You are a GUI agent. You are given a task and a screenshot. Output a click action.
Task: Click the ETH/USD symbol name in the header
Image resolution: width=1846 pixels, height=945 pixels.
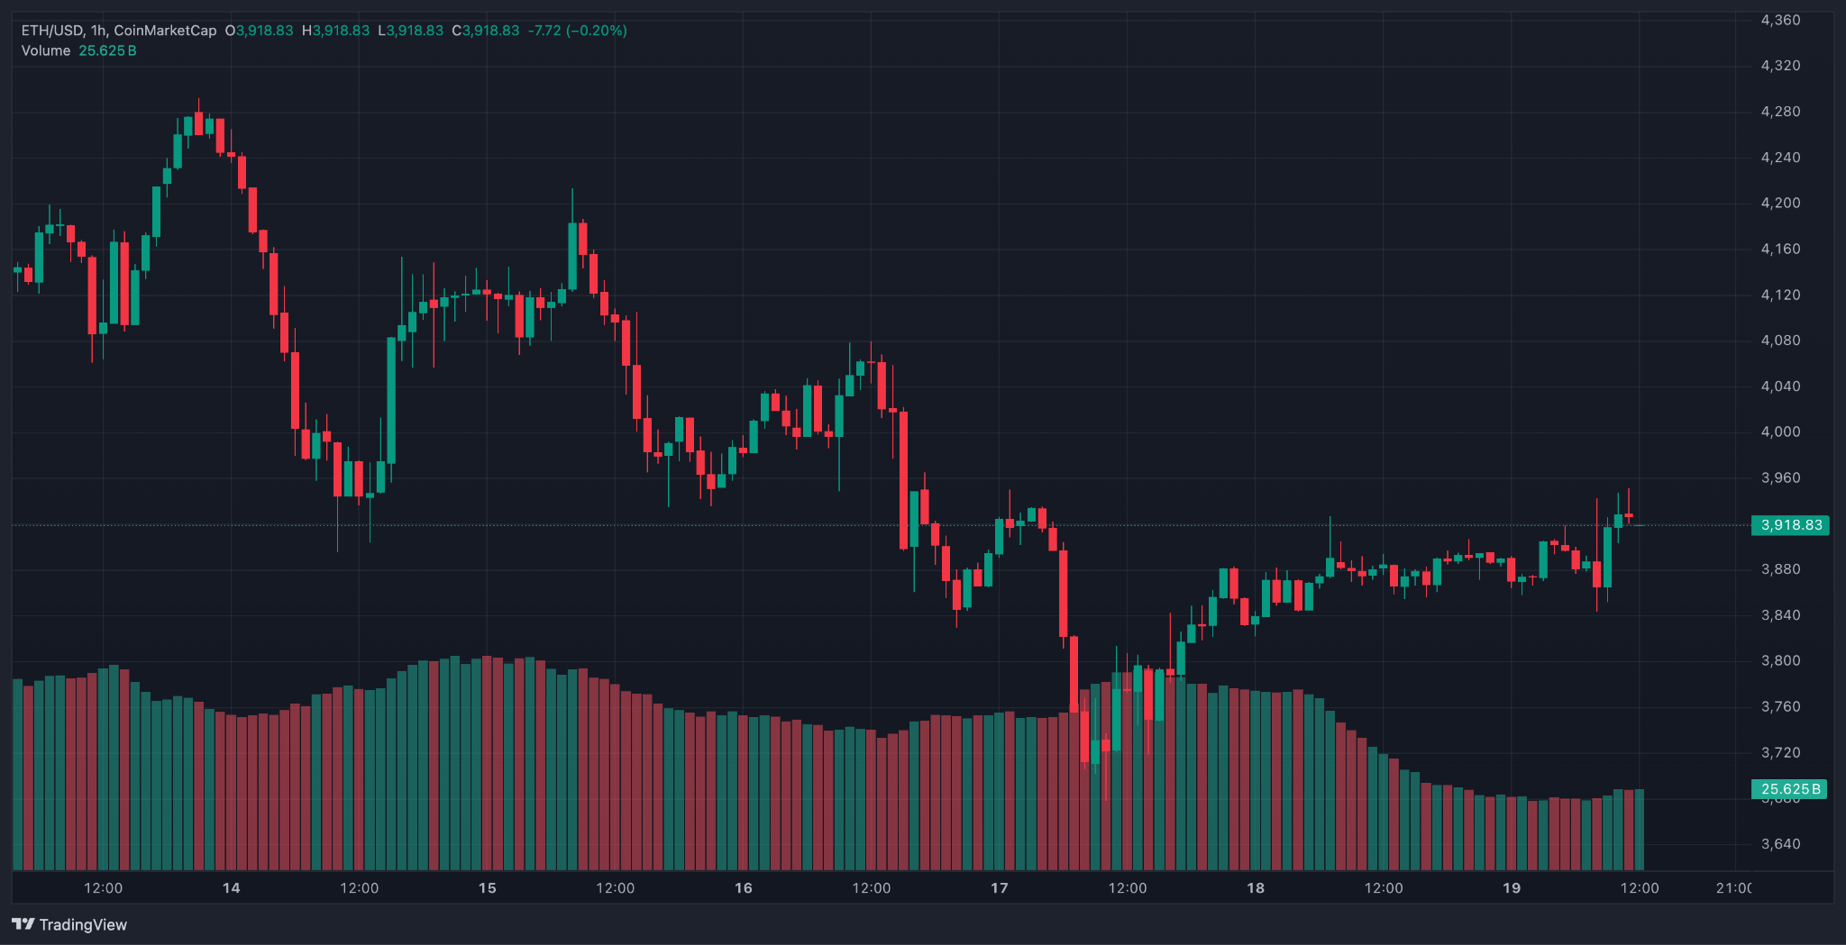(x=51, y=31)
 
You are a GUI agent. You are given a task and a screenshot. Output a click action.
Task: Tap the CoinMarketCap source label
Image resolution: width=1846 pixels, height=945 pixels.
(x=165, y=31)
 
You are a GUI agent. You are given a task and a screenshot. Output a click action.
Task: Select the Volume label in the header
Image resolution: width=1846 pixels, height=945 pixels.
(x=46, y=50)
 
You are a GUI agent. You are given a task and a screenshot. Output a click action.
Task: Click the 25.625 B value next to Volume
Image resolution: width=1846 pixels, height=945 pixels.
(x=107, y=50)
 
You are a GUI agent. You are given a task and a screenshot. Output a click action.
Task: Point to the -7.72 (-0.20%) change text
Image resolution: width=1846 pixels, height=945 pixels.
(x=577, y=31)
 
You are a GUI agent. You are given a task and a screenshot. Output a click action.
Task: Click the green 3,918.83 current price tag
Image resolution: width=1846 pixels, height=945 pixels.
(x=1790, y=525)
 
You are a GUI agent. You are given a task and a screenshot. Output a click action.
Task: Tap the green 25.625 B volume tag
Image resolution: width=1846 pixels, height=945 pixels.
(x=1789, y=789)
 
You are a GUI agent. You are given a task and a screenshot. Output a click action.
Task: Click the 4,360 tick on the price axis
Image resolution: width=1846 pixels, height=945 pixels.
(x=1780, y=20)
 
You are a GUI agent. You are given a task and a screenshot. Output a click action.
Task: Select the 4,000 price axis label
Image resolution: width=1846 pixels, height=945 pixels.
(x=1780, y=432)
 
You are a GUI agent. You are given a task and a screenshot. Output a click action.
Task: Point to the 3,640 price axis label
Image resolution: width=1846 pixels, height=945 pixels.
(x=1780, y=844)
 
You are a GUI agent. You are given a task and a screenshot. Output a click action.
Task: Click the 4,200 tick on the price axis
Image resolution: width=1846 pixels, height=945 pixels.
(x=1780, y=203)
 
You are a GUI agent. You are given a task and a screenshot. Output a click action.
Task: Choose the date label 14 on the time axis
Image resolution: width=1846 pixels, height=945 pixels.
(x=232, y=888)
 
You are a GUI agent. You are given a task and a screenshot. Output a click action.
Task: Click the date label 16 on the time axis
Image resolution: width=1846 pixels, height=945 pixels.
(x=744, y=888)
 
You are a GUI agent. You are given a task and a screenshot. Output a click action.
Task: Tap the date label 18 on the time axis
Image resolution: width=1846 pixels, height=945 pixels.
(x=1256, y=888)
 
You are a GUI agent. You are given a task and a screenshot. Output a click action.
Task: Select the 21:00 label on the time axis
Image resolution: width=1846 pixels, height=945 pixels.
(x=1733, y=888)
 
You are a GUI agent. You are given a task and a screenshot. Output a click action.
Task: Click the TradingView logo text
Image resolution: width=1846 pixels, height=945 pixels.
(x=83, y=925)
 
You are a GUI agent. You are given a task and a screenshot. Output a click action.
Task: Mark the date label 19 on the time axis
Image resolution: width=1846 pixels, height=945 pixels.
(x=1512, y=888)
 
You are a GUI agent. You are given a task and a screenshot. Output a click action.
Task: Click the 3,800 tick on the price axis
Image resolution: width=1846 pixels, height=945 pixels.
(x=1780, y=660)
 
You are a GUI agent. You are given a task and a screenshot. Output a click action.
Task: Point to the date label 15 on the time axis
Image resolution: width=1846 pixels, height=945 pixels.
(x=488, y=888)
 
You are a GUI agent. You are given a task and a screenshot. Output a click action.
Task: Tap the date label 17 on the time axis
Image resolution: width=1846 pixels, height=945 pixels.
(x=1000, y=888)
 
